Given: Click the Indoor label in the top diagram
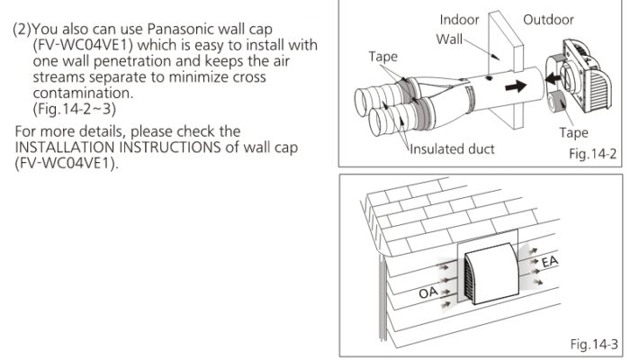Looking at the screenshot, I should pyautogui.click(x=459, y=20).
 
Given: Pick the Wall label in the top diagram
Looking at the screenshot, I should pyautogui.click(x=449, y=40).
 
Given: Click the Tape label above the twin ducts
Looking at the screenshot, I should pyautogui.click(x=383, y=57).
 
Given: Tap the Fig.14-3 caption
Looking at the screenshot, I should pyautogui.click(x=594, y=344).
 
